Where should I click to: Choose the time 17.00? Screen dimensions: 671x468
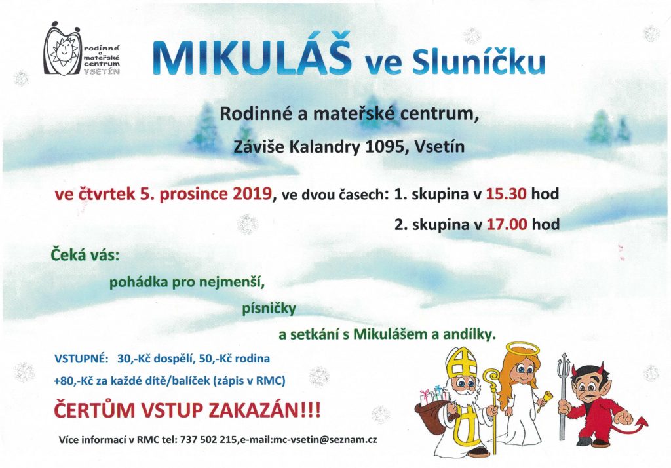coord(507,224)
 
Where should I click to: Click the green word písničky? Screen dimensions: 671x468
coord(269,308)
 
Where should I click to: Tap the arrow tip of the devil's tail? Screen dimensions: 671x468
coord(642,423)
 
